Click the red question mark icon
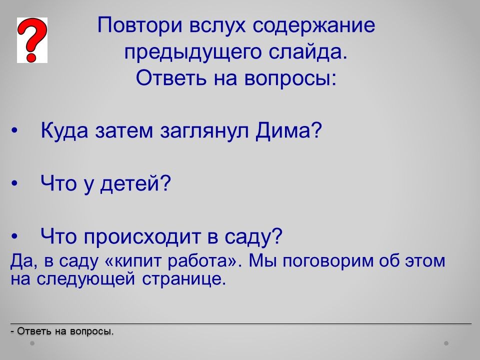pyautogui.click(x=32, y=40)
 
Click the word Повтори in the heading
pyautogui.click(x=140, y=25)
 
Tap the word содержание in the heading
pyautogui.click(x=314, y=25)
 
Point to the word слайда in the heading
pyautogui.click(x=308, y=51)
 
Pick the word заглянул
pyautogui.click(x=204, y=131)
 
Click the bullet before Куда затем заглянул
pyautogui.click(x=14, y=131)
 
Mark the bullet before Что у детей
pyautogui.click(x=14, y=183)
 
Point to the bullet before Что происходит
pyautogui.click(x=14, y=236)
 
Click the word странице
pyautogui.click(x=184, y=279)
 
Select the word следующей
pyautogui.click(x=86, y=279)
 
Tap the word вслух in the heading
pyautogui.click(x=217, y=25)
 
